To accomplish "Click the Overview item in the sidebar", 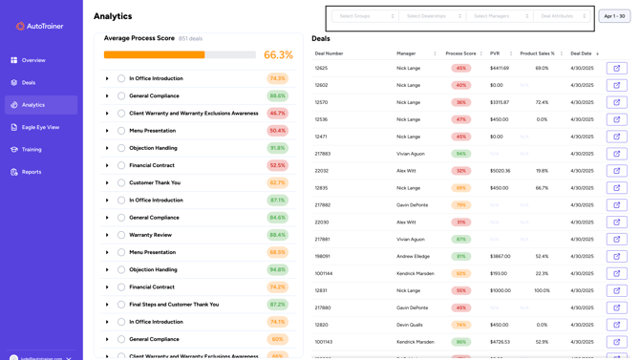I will (x=32, y=60).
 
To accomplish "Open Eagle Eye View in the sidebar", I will (x=40, y=127).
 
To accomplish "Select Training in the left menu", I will (x=32, y=150).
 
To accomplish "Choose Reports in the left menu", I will (x=32, y=172).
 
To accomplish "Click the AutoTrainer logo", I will (x=40, y=26).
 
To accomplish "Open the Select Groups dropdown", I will (x=366, y=16).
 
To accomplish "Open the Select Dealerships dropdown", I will (x=433, y=16).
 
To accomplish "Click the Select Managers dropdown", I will (x=501, y=16).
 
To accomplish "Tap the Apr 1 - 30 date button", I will (x=614, y=16).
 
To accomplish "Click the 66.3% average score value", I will (x=278, y=55).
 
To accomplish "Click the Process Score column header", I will (x=461, y=53).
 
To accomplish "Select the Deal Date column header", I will (x=582, y=53).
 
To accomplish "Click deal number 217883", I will (x=323, y=154).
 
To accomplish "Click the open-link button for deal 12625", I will (x=616, y=69).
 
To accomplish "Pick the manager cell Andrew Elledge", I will (x=414, y=256).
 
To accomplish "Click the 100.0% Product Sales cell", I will (x=542, y=290).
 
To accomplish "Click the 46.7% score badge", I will (x=278, y=114).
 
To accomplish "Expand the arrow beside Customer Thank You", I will (x=108, y=183).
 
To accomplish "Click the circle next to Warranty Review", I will (x=121, y=235).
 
